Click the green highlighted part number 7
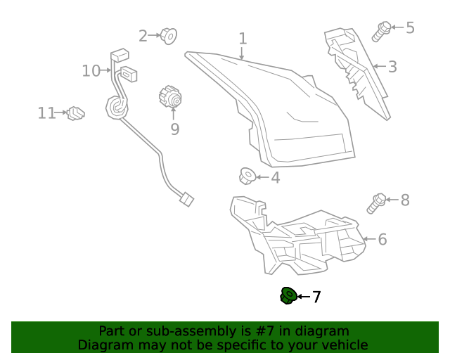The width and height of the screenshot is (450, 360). (x=287, y=297)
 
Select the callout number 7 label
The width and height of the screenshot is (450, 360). (x=316, y=297)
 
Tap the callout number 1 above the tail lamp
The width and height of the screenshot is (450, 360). (x=243, y=39)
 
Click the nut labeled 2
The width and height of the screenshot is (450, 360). (x=169, y=34)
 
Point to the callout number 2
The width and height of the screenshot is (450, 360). (x=143, y=35)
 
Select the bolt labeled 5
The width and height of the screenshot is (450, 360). (x=382, y=30)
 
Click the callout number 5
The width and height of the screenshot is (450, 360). (x=410, y=28)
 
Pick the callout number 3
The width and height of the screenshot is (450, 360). (x=392, y=67)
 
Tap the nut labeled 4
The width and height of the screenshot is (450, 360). (x=247, y=176)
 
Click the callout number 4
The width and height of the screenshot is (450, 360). (x=275, y=178)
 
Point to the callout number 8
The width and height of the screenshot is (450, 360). (x=404, y=200)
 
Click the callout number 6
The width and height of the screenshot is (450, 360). (x=382, y=240)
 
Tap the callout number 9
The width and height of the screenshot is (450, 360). (x=174, y=129)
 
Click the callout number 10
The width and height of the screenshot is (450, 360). (x=91, y=70)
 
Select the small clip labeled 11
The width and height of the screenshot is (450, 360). (x=75, y=112)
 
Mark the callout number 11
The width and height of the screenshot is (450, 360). (x=46, y=112)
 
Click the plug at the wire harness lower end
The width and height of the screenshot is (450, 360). (x=186, y=200)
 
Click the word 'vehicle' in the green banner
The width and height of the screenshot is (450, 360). (x=342, y=345)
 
